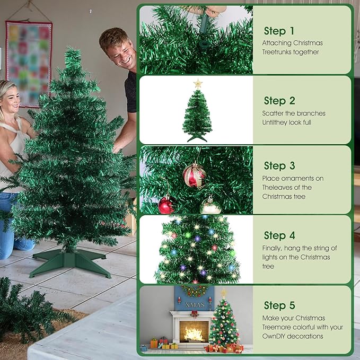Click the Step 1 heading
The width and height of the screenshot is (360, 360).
(279, 31)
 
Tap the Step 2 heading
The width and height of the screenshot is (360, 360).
(279, 101)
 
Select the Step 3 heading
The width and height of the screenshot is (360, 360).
(279, 166)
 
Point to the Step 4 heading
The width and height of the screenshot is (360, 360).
(279, 235)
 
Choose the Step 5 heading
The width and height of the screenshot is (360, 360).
(279, 305)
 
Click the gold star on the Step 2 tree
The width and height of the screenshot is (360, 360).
(198, 84)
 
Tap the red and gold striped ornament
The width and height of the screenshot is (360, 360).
(194, 175)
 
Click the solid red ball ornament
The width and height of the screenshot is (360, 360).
(166, 205)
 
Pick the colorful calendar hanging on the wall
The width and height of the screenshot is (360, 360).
(29, 56)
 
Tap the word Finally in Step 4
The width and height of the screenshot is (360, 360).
(273, 248)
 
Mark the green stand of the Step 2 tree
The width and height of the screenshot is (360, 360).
(197, 138)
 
